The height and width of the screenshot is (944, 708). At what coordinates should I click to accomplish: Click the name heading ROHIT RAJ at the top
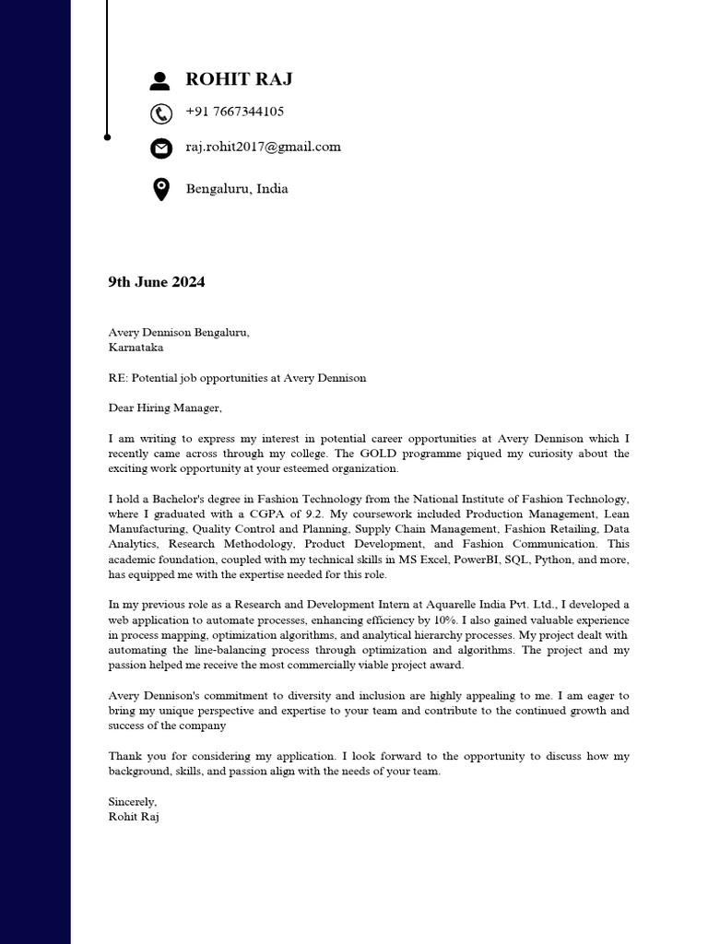click(239, 79)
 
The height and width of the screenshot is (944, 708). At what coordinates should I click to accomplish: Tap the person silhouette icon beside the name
click(160, 81)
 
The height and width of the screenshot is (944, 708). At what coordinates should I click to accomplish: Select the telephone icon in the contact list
click(160, 113)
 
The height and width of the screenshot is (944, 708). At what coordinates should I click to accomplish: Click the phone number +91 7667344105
click(234, 112)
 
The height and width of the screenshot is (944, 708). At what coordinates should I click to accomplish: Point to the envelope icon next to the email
click(160, 147)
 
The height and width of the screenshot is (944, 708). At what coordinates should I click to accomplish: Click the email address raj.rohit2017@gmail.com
click(263, 147)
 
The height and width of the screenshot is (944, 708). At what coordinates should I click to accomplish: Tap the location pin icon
click(160, 190)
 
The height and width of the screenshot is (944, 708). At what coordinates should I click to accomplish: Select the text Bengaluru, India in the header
click(237, 189)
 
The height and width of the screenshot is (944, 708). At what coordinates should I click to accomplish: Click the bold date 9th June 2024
click(156, 282)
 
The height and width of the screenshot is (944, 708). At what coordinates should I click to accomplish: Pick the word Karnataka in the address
click(136, 348)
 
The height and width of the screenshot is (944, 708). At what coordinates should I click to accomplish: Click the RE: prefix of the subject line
click(118, 378)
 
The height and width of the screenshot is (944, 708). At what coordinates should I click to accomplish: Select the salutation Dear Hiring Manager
click(165, 407)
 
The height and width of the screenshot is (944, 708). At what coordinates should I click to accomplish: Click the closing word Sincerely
click(133, 802)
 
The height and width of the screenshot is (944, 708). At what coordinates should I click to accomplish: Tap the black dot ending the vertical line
click(108, 136)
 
